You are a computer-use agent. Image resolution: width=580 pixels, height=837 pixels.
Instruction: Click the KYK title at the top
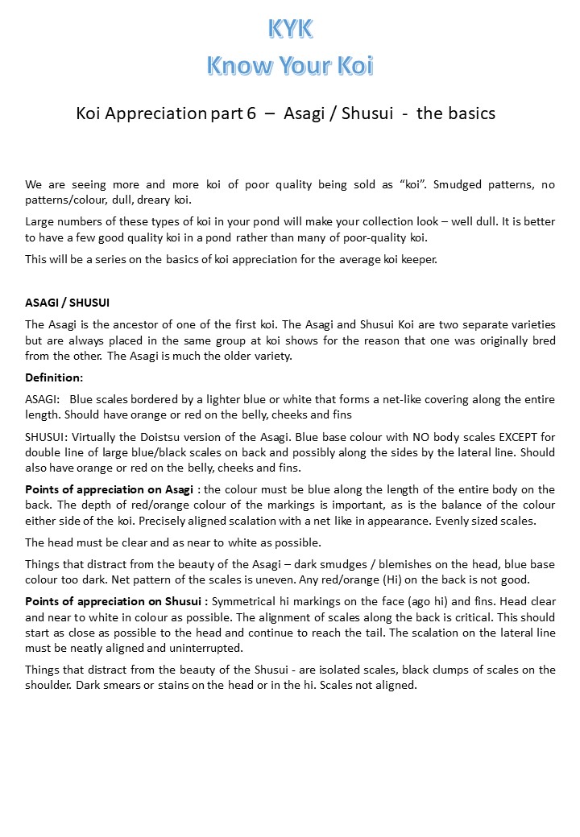pyautogui.click(x=290, y=28)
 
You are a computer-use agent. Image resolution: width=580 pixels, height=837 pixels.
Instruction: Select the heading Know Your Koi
pyautogui.click(x=290, y=64)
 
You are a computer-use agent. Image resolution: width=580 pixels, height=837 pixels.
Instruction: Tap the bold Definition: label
pyautogui.click(x=54, y=377)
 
